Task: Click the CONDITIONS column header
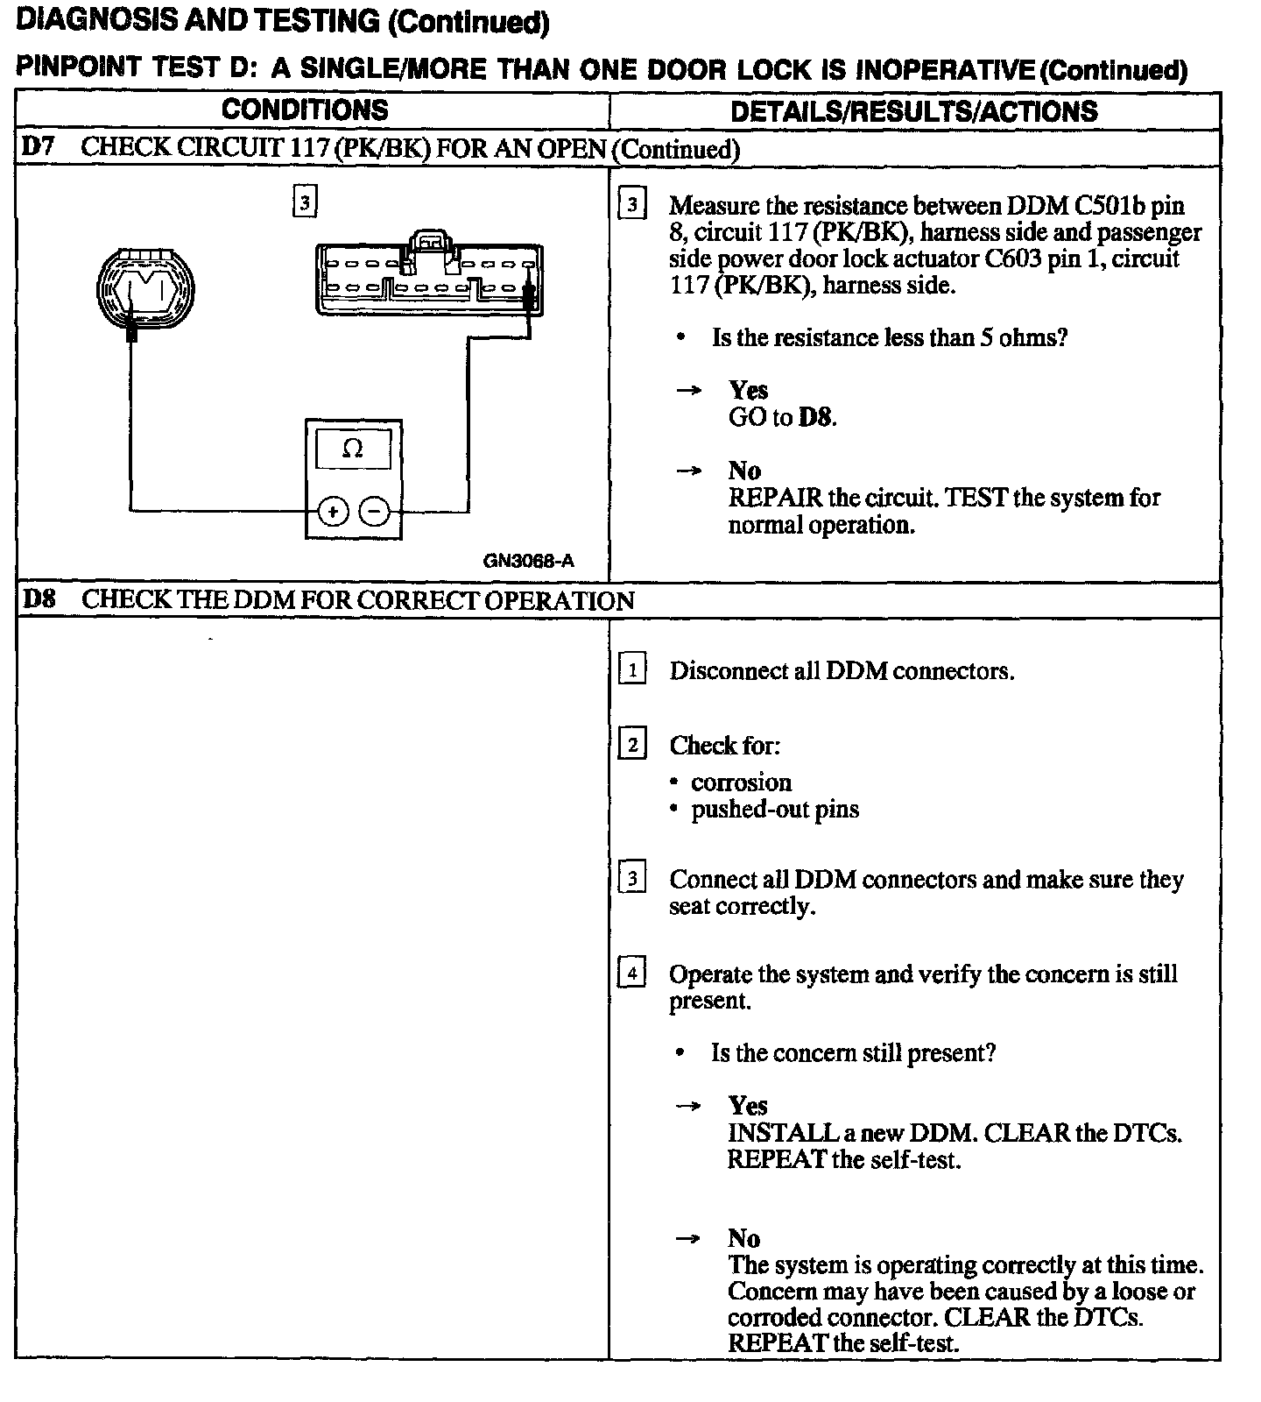pyautogui.click(x=304, y=110)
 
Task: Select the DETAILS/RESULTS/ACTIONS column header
pyautogui.click(x=913, y=111)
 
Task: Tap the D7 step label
pyautogui.click(x=39, y=147)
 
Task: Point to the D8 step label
pyautogui.click(x=39, y=600)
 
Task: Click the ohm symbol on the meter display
pyautogui.click(x=352, y=449)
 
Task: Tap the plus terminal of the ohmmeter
pyautogui.click(x=332, y=511)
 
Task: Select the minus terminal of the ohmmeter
pyautogui.click(x=375, y=511)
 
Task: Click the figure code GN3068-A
pyautogui.click(x=529, y=562)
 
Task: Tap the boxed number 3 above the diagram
pyautogui.click(x=303, y=202)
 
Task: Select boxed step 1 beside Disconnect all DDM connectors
pyautogui.click(x=632, y=670)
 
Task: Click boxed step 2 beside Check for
pyautogui.click(x=632, y=745)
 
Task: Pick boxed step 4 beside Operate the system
pyautogui.click(x=632, y=974)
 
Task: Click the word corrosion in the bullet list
pyautogui.click(x=741, y=782)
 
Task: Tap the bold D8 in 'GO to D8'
pyautogui.click(x=815, y=417)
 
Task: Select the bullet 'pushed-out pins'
pyautogui.click(x=775, y=809)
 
